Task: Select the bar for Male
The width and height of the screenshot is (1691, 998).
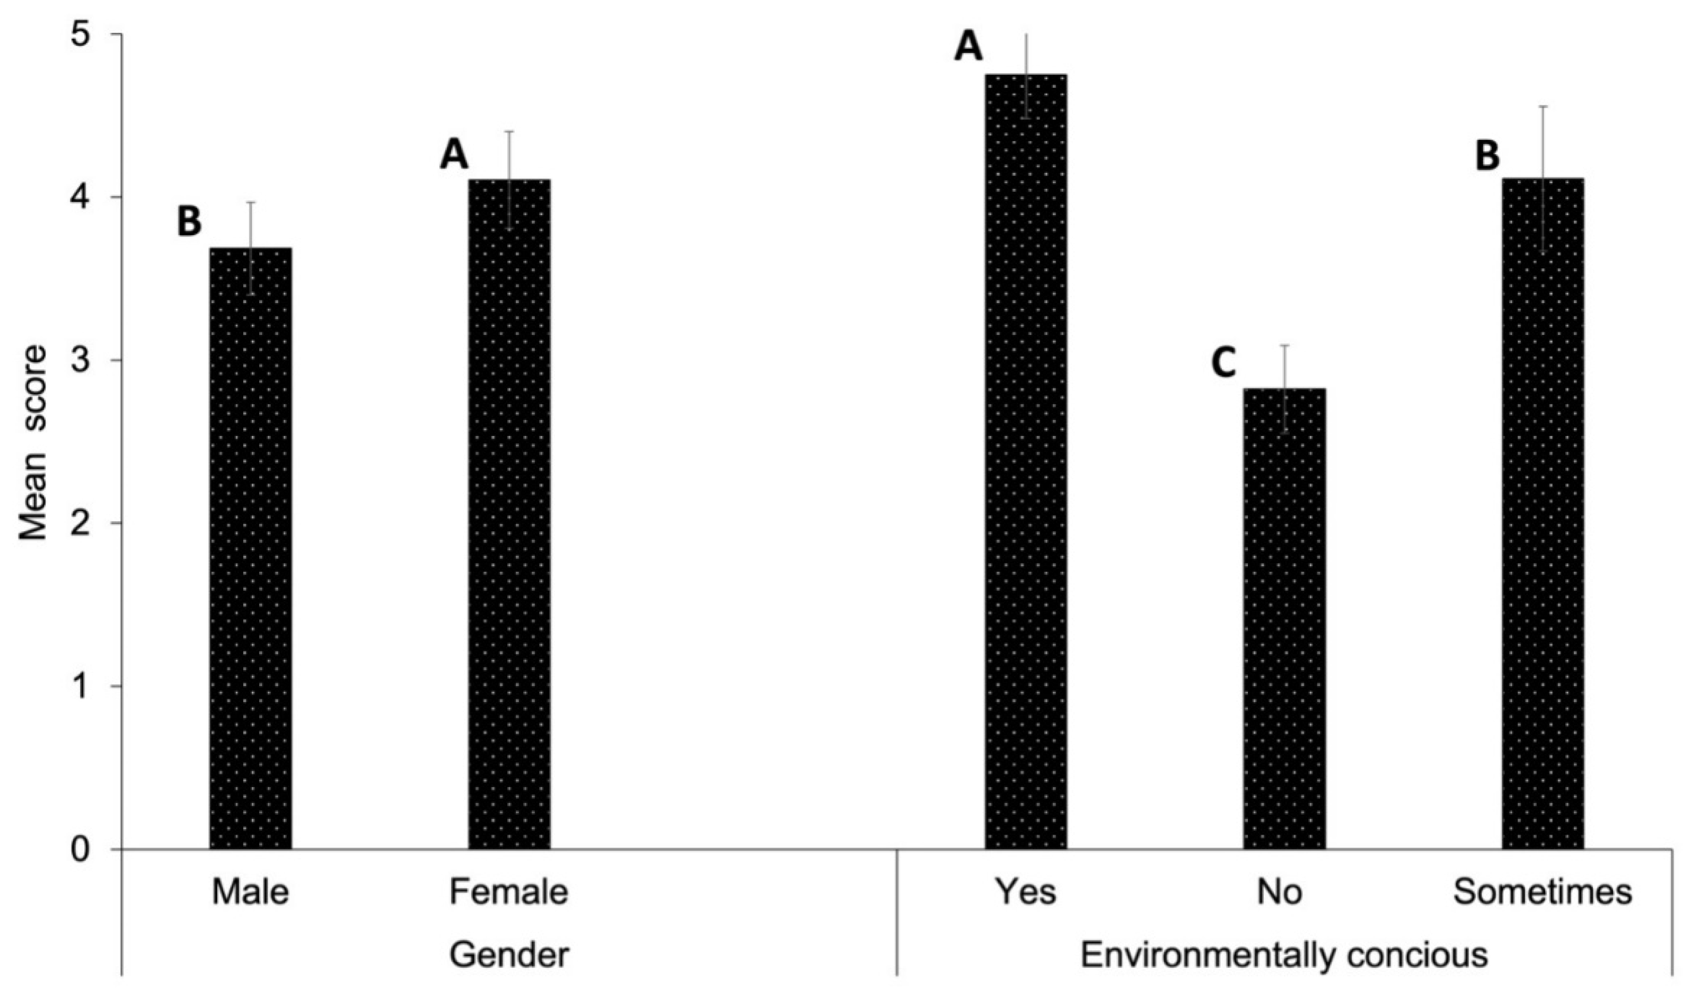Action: [x=251, y=548]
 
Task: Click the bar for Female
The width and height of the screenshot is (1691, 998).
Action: [x=509, y=514]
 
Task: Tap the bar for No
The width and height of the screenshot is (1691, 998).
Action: [x=1284, y=619]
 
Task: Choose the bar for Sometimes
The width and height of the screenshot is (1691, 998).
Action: [x=1543, y=514]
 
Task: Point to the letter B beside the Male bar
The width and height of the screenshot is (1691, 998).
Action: [x=189, y=222]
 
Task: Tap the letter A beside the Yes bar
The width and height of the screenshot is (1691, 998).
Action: [x=968, y=48]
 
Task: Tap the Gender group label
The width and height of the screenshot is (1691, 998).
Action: [x=509, y=955]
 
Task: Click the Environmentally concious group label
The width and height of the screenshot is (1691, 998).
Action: [x=1284, y=955]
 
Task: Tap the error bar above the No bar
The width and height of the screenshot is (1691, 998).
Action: [x=1284, y=367]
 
